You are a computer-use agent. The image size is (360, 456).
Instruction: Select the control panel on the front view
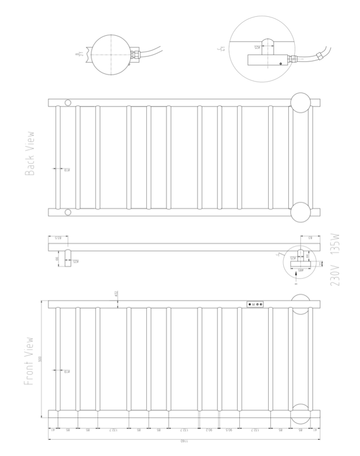pos(256,305)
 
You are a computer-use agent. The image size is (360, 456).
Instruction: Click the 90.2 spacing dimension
pos(209,429)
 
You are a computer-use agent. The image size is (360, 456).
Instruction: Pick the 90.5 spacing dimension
pos(229,429)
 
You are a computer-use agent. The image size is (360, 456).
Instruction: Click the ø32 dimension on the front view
pos(116,294)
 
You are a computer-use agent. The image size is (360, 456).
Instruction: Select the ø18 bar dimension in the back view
pos(67,170)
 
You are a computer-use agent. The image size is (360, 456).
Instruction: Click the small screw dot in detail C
pos(280,64)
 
